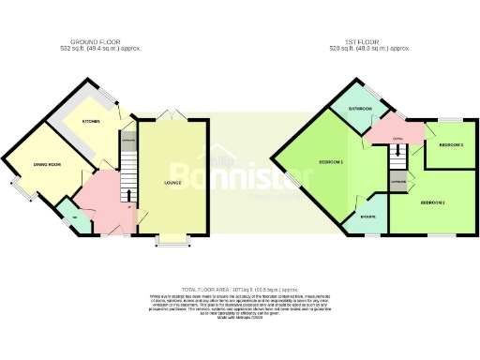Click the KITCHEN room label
(x=91, y=121)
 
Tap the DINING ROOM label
(x=48, y=165)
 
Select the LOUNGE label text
(x=172, y=182)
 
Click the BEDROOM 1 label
(x=331, y=162)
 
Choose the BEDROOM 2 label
(x=431, y=202)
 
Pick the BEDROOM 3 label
(x=451, y=145)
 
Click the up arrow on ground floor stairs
(x=129, y=194)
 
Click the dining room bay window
(x=20, y=188)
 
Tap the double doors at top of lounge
(x=169, y=114)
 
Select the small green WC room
(x=74, y=218)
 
